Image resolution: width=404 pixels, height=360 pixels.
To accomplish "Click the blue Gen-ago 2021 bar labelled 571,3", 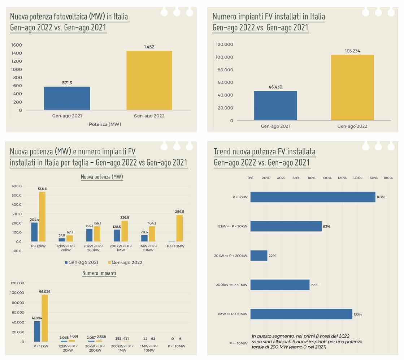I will tap(67, 98).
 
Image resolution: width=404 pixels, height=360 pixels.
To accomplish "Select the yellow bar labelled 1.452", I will tap(149, 80).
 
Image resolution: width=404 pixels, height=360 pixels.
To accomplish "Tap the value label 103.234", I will tap(352, 51).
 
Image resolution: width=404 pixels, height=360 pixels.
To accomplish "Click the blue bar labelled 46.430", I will tap(275, 106).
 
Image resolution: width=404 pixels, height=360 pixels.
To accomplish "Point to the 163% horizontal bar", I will tap(313, 197).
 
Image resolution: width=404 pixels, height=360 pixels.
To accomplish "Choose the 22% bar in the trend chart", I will tap(259, 256).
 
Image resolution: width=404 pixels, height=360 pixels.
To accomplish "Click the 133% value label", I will tap(357, 314).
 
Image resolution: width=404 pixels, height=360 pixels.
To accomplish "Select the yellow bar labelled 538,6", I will tap(42, 217).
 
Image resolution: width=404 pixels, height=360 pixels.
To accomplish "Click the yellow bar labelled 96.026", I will tap(45, 318).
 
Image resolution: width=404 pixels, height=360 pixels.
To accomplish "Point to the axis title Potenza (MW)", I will tap(105, 124).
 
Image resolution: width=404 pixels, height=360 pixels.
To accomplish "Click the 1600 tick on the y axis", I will tap(17, 45).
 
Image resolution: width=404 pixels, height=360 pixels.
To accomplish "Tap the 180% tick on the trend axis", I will tap(388, 178).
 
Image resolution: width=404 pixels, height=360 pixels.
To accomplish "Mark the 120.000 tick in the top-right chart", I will tap(225, 44).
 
